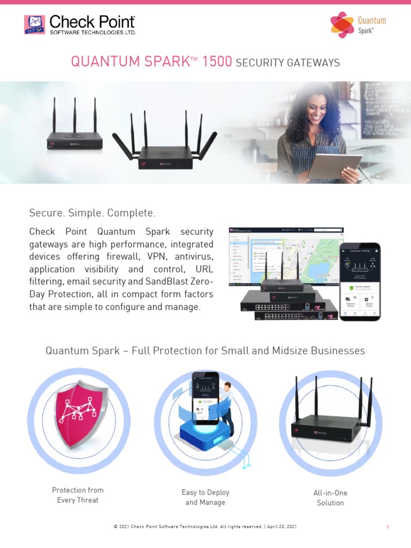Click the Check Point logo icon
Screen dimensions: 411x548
tap(34, 25)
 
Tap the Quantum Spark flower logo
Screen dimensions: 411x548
tap(342, 25)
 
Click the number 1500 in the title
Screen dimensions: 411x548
tap(217, 62)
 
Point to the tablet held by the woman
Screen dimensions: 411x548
tap(334, 165)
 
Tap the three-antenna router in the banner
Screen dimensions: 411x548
tap(74, 139)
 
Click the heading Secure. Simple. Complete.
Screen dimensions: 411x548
tap(92, 213)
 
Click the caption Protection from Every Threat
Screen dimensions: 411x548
tap(78, 495)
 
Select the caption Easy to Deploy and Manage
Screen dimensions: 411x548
tap(205, 497)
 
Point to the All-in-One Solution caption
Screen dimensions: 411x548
tap(330, 498)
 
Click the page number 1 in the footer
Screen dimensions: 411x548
tap(387, 527)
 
